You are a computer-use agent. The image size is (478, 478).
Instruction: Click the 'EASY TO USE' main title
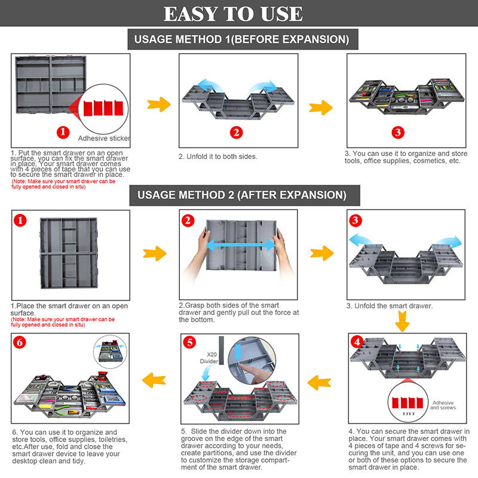coord(239,14)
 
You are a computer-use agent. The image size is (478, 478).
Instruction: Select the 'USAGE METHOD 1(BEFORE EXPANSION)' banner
coord(241,40)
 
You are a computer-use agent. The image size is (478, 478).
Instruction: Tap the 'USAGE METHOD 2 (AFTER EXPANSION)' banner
coord(241,195)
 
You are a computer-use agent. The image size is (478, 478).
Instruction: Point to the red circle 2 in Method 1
coord(237,133)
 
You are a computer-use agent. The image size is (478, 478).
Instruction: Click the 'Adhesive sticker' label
coord(104,138)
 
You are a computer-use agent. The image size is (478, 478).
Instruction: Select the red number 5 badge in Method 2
coord(189,342)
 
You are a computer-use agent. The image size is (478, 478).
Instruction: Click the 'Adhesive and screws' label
coord(443,405)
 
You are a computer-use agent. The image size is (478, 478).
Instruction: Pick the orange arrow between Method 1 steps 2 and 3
coord(321,108)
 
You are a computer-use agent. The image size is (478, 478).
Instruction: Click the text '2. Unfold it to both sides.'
coord(217,157)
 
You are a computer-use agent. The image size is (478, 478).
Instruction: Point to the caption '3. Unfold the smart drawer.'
coord(389,306)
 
